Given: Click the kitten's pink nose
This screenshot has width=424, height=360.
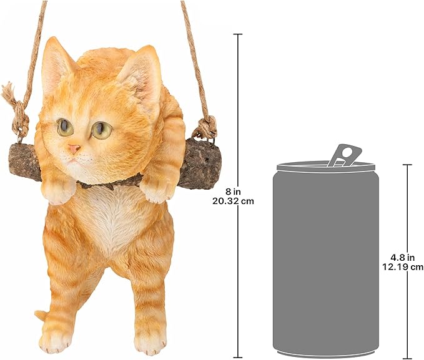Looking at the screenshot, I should pyautogui.click(x=74, y=149).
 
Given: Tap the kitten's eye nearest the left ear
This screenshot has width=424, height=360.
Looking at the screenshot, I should pyautogui.click(x=65, y=127).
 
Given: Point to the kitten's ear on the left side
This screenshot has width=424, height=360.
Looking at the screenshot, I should pyautogui.click(x=58, y=62).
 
